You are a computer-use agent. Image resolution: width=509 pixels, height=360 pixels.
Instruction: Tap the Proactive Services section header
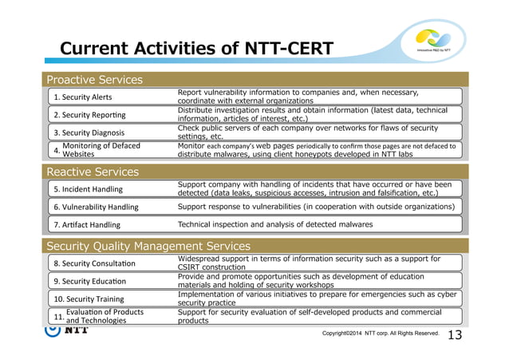(94, 79)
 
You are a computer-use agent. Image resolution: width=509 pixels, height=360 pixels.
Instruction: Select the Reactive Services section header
(93, 172)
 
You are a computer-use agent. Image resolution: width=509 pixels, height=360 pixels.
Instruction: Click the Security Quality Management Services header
(148, 246)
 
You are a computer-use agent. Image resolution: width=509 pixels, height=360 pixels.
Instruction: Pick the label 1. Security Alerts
(83, 97)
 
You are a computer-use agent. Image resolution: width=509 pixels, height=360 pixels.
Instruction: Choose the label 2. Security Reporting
(89, 115)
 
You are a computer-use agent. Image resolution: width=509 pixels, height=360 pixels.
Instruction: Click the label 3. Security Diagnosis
(89, 133)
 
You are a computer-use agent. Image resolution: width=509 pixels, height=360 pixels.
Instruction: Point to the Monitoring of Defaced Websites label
(95, 150)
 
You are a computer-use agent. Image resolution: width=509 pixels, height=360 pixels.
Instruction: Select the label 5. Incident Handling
(88, 189)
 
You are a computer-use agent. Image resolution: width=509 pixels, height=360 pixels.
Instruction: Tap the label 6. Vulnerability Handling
(96, 207)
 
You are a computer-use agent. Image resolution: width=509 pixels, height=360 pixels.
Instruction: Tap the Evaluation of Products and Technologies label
(96, 316)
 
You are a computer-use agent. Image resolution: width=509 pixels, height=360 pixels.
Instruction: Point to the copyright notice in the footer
(381, 333)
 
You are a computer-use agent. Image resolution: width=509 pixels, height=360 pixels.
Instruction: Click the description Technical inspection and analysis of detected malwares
(274, 224)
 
